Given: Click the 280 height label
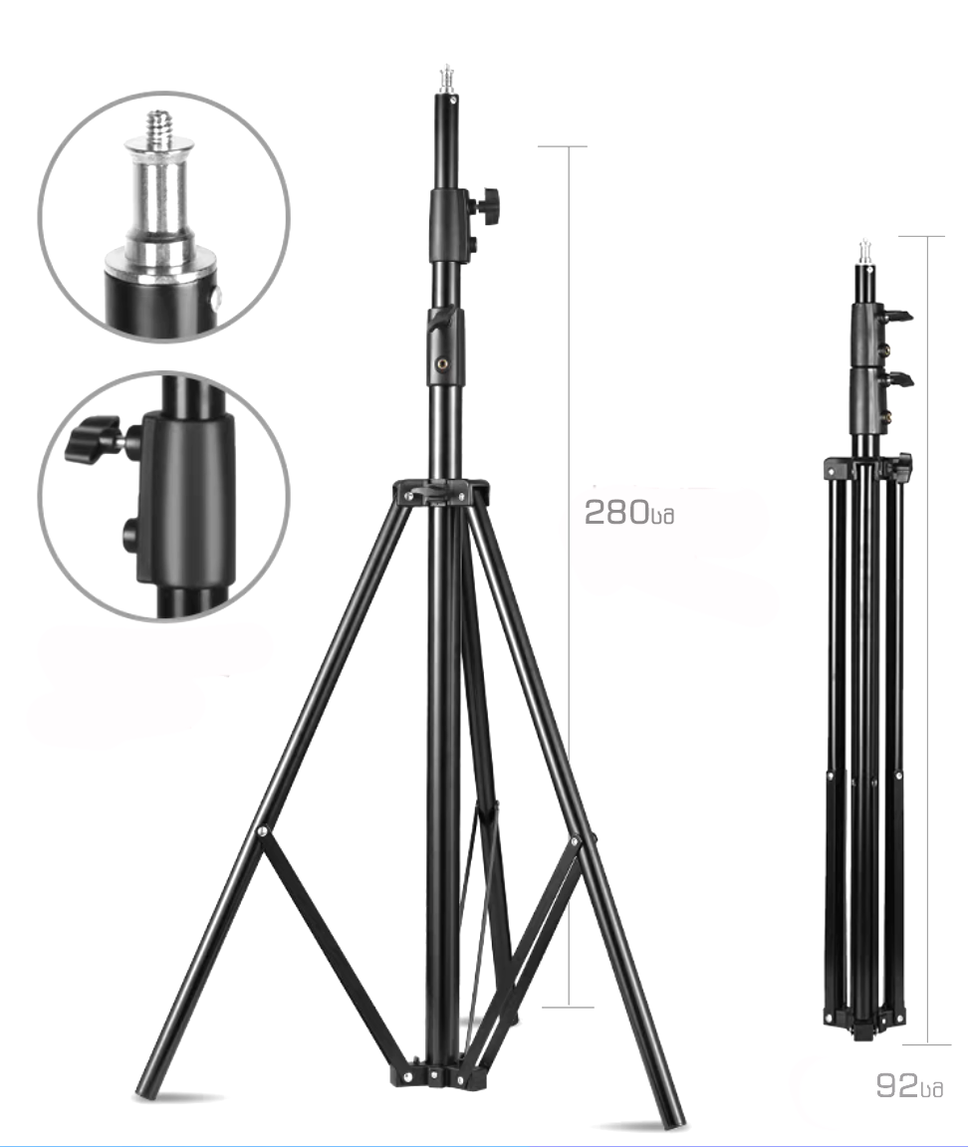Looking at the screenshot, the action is [628, 512].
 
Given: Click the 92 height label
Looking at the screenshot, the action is [909, 1086].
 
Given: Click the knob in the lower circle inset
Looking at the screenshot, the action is [94, 439].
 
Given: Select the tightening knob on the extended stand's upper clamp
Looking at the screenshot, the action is [486, 202].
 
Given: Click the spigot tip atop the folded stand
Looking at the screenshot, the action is [864, 252].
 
